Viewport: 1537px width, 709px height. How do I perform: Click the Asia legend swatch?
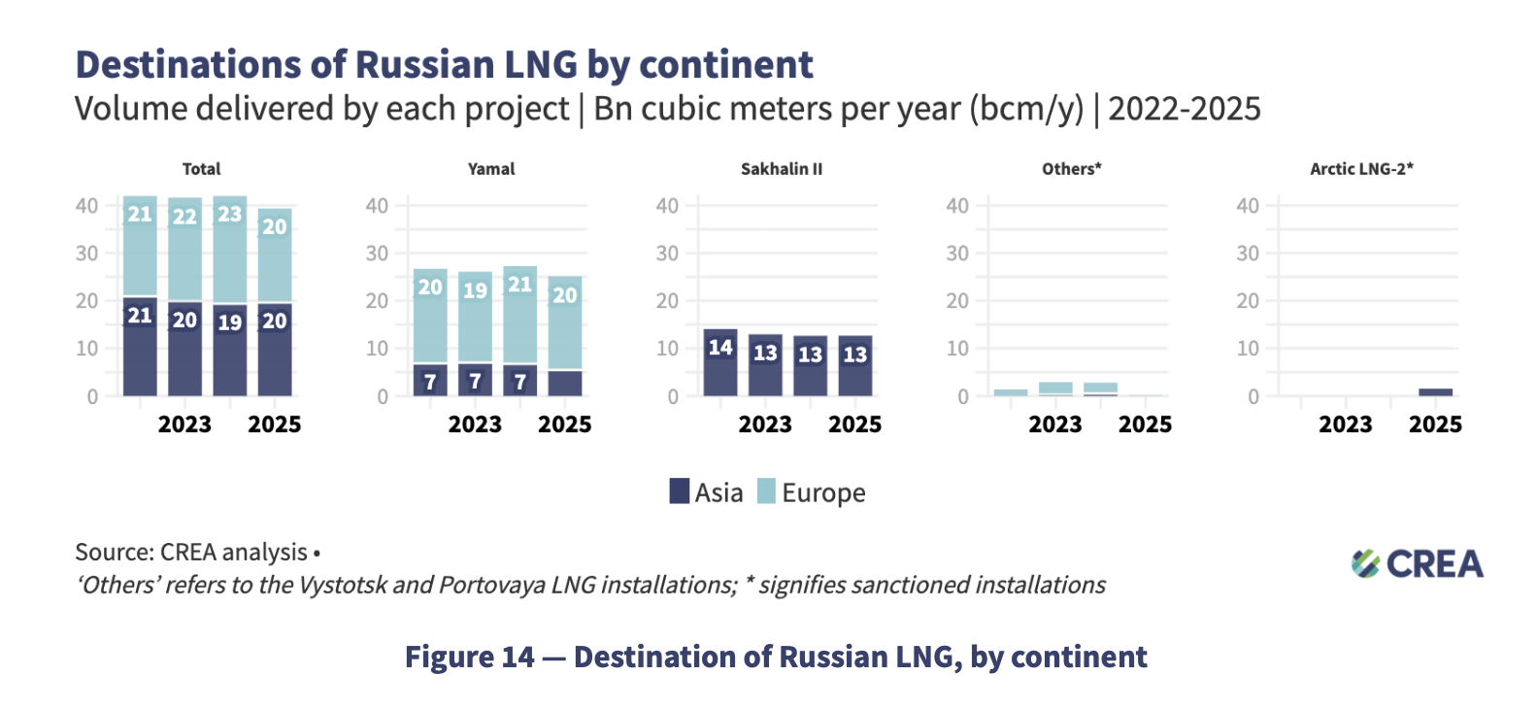pos(680,491)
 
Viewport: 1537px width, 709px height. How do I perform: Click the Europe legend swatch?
pos(766,491)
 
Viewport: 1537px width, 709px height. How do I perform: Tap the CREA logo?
pos(1417,563)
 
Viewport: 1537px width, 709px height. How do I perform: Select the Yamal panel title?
pos(491,169)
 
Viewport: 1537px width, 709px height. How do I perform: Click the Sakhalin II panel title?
pos(781,169)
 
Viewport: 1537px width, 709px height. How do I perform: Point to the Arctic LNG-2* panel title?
pos(1361,169)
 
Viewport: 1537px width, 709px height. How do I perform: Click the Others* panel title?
pos(1071,169)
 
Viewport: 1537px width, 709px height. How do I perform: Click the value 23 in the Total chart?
pos(229,214)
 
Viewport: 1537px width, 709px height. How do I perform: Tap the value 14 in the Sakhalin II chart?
pos(719,348)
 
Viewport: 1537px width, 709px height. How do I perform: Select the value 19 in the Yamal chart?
pos(475,290)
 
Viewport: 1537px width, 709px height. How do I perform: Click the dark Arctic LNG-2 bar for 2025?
pos(1435,391)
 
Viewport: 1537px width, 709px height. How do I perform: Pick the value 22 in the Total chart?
pos(184,217)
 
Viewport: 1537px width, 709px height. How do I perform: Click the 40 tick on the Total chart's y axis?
pos(87,206)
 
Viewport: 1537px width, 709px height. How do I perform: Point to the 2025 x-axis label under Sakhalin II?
pos(854,424)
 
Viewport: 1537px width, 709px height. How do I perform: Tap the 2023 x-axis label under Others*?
pos(1054,424)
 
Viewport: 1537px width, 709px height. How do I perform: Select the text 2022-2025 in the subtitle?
pos(1184,109)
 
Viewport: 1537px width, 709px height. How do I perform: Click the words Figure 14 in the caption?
pos(469,658)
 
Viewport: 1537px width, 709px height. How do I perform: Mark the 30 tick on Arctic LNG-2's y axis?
pos(1247,253)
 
